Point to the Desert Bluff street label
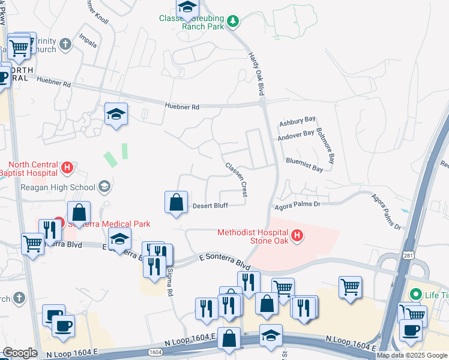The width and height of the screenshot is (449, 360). coord(209,206)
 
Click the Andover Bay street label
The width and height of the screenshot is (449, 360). coord(296,136)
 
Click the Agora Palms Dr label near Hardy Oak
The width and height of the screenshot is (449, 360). coord(298,204)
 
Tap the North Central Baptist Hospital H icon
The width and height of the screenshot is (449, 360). coord(68,167)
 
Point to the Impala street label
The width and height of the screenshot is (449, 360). coord(88,44)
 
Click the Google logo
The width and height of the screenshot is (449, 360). coord(20,353)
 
